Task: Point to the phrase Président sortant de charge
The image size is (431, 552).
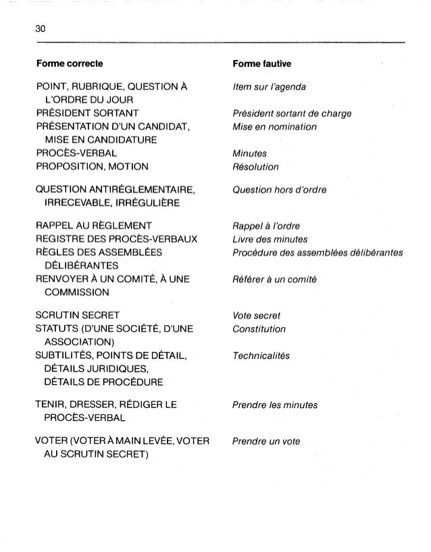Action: click(x=291, y=114)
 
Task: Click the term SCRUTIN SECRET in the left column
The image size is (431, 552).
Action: click(x=80, y=316)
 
